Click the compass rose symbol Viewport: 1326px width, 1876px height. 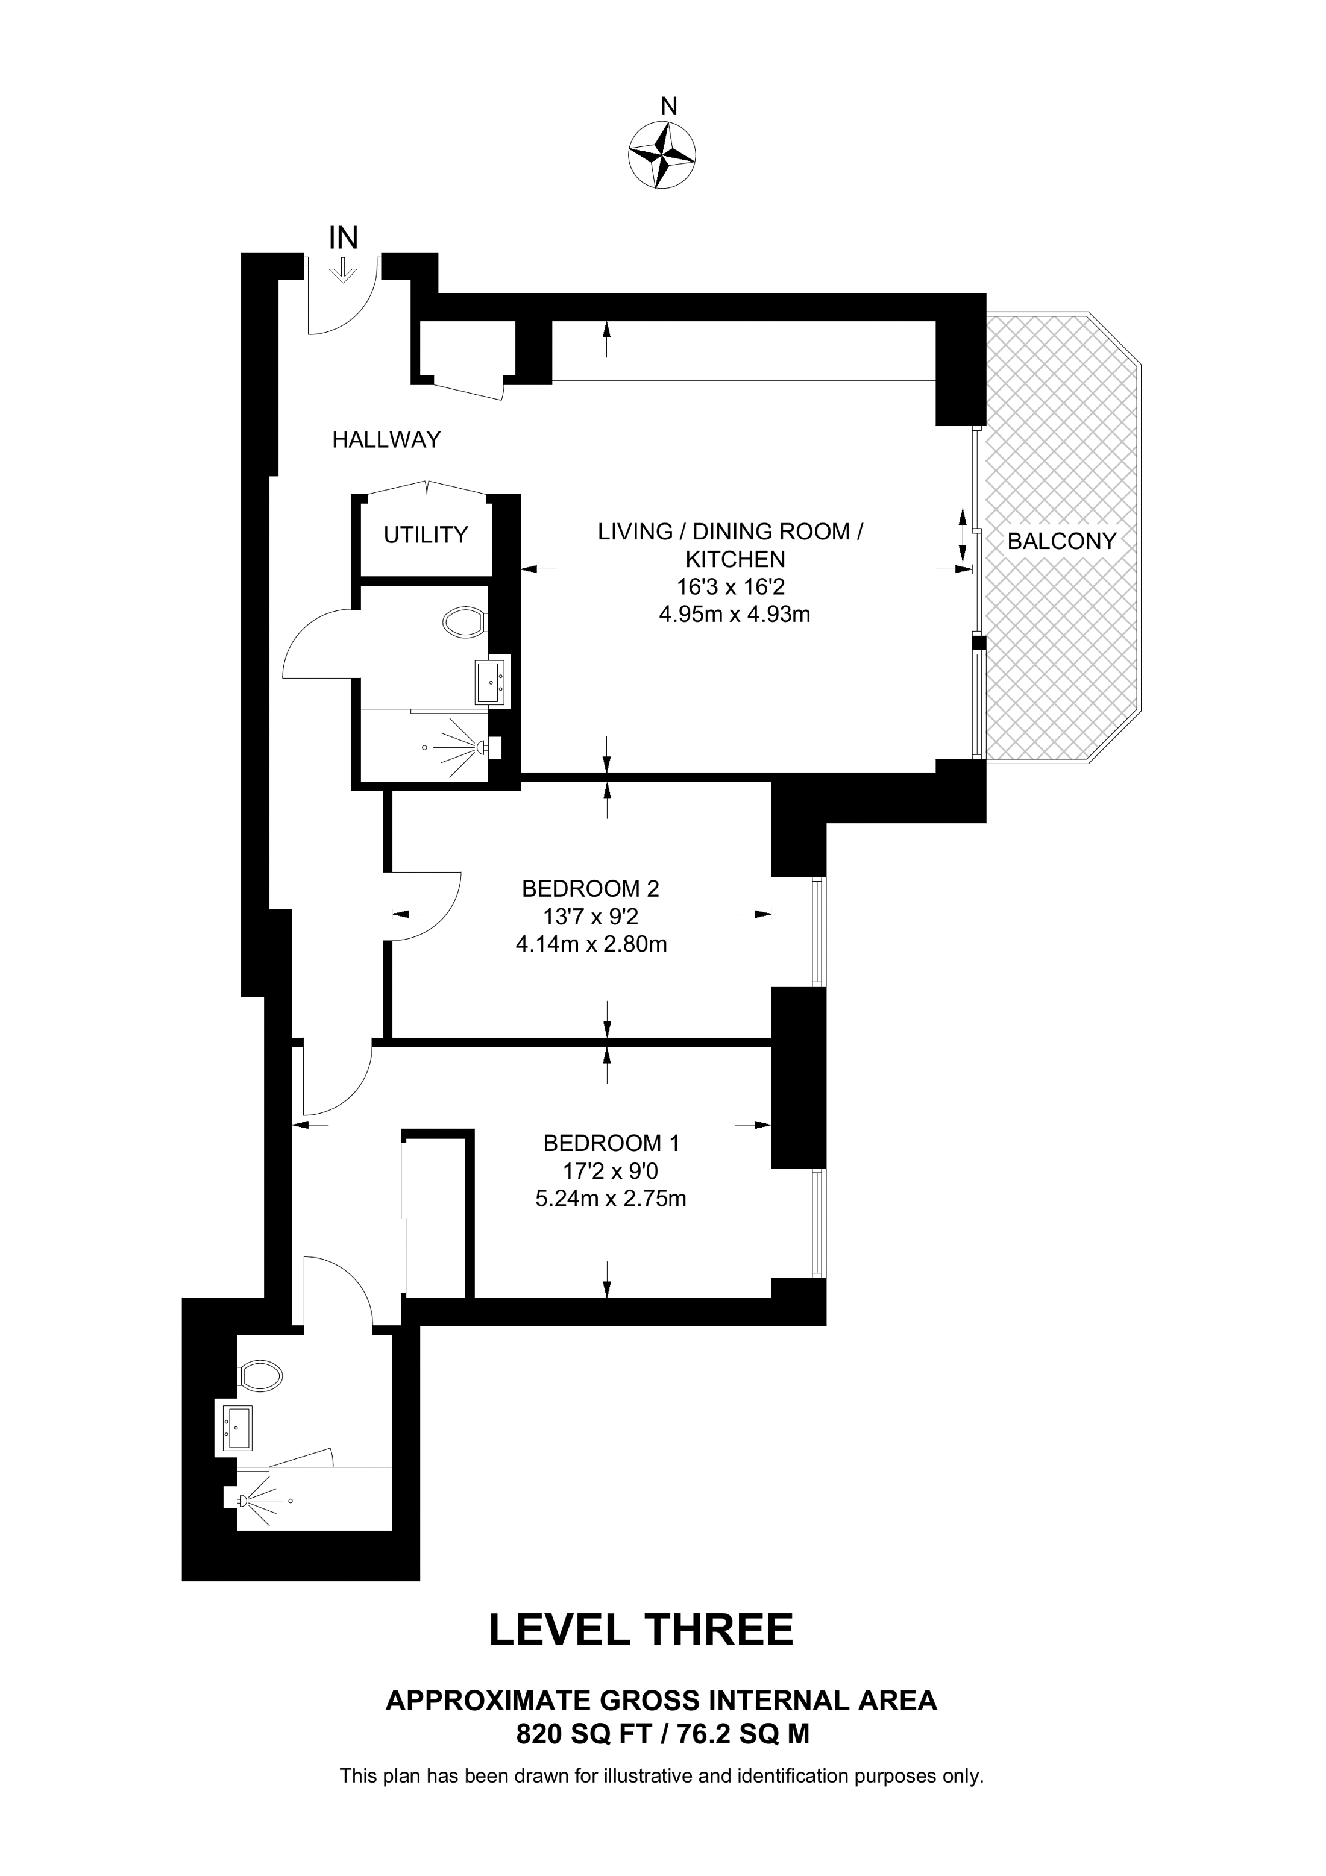point(662,155)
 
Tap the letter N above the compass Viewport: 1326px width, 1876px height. point(669,106)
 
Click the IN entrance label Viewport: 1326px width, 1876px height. point(343,238)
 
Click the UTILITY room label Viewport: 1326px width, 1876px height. point(426,535)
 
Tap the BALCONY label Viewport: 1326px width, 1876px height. point(1061,541)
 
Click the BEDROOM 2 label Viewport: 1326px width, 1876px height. point(591,888)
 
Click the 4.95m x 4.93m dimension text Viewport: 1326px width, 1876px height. point(735,615)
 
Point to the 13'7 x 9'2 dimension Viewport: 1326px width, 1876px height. point(591,916)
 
